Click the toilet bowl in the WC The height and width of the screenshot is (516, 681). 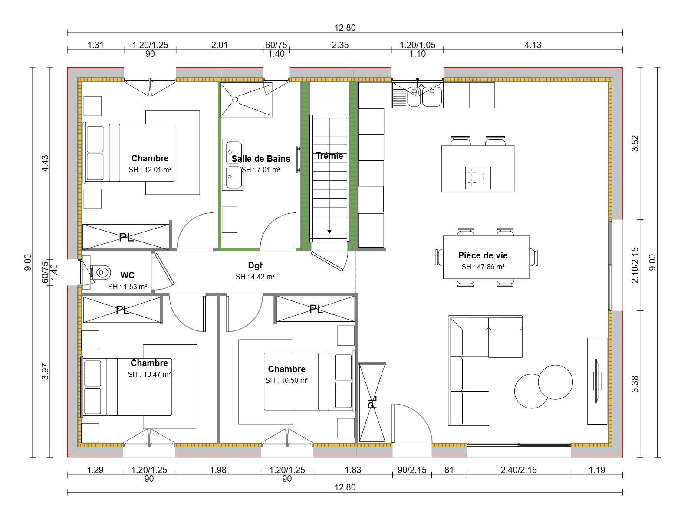101,273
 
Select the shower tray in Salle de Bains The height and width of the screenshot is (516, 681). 246,100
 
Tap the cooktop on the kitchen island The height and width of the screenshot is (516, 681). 478,177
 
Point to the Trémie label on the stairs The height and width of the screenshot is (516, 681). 329,156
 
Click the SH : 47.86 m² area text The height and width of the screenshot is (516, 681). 483,267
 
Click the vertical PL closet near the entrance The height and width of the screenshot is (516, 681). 372,402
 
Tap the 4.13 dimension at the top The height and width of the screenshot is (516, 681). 533,45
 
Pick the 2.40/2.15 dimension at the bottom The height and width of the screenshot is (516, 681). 518,470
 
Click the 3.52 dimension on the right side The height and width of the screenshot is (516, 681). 635,144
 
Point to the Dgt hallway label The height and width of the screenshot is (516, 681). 255,265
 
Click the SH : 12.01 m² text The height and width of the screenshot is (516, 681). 150,170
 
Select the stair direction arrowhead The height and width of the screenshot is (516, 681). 329,232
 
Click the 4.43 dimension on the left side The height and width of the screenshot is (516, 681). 45,163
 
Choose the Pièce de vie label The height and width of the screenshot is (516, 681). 483,255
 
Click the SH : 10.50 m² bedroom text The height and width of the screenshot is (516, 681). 287,381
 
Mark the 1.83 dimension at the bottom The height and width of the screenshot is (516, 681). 352,470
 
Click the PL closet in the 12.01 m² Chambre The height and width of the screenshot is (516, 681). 126,237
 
